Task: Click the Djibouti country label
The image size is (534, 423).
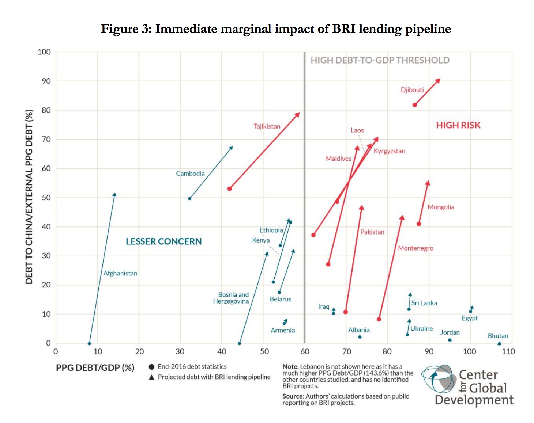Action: [x=412, y=90]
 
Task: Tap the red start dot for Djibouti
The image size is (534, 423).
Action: [x=414, y=105]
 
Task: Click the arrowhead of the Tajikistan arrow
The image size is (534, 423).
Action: [x=297, y=115]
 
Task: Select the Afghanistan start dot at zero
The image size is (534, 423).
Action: [x=89, y=343]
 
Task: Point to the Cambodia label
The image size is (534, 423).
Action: [x=190, y=174]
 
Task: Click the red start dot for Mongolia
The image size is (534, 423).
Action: [x=419, y=224]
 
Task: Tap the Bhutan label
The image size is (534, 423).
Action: [x=498, y=336]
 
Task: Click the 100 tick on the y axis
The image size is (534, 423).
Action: [x=44, y=52]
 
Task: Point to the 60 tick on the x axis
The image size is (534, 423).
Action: [x=305, y=351]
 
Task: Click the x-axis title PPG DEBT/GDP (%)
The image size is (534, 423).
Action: [x=95, y=368]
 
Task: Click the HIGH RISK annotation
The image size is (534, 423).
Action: [x=458, y=125]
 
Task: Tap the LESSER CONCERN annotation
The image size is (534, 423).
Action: [x=163, y=241]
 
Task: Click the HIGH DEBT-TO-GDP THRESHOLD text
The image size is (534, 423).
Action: [x=380, y=60]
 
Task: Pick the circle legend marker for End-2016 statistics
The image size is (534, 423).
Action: [x=151, y=367]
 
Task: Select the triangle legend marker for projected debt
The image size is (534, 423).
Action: [x=151, y=377]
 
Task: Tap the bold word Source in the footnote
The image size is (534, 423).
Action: [x=293, y=396]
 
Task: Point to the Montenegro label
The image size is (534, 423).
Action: [x=415, y=248]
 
